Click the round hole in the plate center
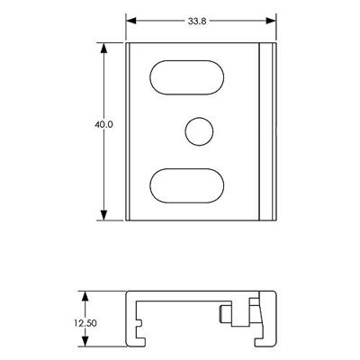point(197,130)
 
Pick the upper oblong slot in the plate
point(188,76)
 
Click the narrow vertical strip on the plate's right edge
point(265,130)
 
